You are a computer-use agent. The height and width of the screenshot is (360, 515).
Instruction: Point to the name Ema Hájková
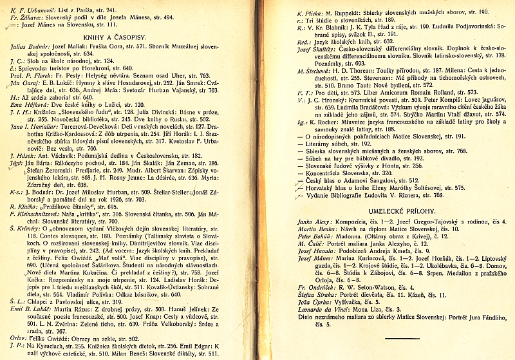point(26,104)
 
